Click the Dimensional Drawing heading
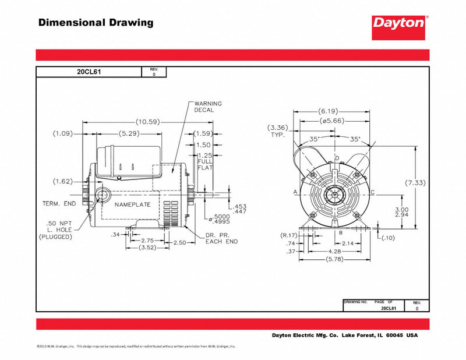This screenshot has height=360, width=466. (96, 23)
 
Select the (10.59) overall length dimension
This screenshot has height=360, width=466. (147, 122)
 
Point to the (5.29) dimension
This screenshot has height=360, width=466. (129, 133)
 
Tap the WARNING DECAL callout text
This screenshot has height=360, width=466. (204, 107)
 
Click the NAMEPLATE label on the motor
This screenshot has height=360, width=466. (132, 205)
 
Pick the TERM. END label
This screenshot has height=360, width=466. (59, 204)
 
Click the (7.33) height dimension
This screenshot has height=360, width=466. (415, 183)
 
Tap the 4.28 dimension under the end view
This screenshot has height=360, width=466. (334, 250)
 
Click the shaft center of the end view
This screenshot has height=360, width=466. (334, 192)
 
